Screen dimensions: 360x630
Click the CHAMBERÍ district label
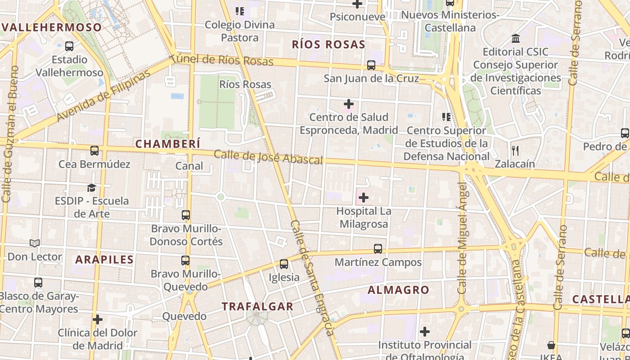167,144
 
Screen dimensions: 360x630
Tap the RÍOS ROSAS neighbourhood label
328,44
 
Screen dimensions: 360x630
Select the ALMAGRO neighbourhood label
398,290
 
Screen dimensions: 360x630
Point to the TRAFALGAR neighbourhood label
257,306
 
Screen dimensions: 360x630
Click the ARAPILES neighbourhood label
104,259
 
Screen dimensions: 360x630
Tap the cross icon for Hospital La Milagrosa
364,198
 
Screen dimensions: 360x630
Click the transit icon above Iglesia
283,264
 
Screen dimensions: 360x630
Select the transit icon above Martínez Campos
378,249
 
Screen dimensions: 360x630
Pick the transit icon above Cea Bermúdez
94,151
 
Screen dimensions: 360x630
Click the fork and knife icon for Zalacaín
515,150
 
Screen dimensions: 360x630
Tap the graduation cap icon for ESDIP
92,188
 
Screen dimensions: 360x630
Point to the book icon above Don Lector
35,243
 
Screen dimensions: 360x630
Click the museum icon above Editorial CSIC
516,39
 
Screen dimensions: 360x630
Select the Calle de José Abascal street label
268,157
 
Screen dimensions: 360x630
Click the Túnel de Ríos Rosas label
222,60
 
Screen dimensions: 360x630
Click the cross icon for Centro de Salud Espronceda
348,104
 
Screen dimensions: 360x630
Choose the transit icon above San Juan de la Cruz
371,65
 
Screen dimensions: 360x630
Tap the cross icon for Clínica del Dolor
98,320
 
